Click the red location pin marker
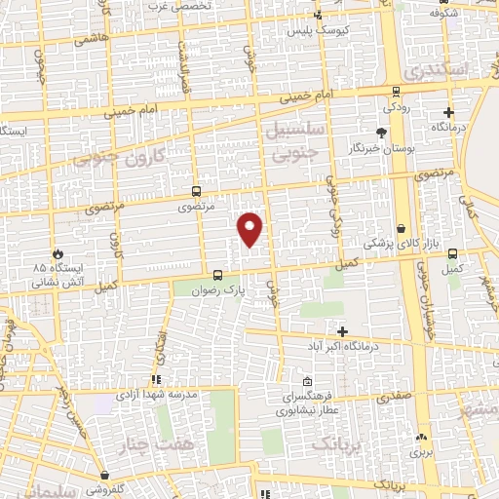[x=250, y=229]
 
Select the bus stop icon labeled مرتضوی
[x=196, y=192]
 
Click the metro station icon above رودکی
[x=396, y=91]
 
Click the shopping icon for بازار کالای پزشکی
[x=401, y=227]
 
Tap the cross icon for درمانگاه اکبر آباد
[x=341, y=331]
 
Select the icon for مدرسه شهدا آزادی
[x=154, y=380]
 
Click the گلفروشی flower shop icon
[x=104, y=476]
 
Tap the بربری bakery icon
[x=420, y=438]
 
